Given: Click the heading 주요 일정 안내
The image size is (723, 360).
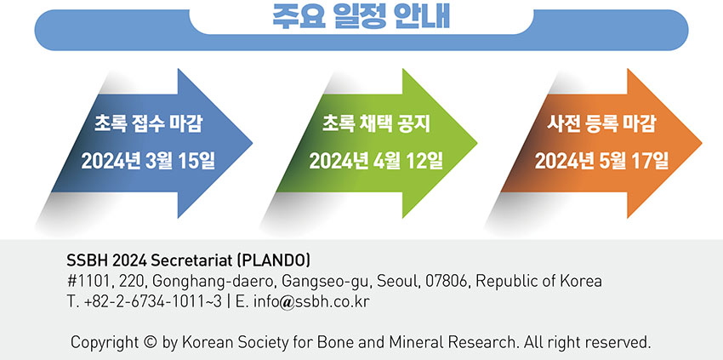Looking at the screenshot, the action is [361, 17].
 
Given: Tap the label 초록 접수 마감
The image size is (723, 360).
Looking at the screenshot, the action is [149, 124].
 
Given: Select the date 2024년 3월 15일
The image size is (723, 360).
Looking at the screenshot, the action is [149, 161].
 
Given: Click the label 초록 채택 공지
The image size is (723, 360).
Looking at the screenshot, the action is [376, 124].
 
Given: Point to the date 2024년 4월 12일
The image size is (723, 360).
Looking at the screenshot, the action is [376, 161].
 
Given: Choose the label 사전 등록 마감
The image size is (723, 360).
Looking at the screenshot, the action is [601, 124].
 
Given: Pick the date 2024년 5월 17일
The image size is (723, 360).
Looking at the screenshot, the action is [601, 161].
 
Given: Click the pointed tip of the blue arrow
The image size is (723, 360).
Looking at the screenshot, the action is [253, 143].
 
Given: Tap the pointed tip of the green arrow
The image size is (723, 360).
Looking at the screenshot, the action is [477, 143].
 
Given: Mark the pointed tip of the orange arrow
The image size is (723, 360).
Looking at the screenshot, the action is [702, 143].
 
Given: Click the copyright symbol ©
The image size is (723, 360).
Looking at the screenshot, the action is [151, 343].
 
